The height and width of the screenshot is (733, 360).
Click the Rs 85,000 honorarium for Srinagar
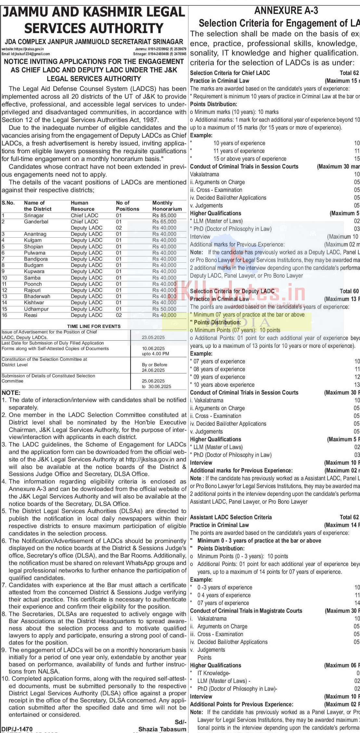pos(164,215)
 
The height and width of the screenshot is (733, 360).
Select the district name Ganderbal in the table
pos(36,221)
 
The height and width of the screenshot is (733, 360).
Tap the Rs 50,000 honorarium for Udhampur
pos(164,309)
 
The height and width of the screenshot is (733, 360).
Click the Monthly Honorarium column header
pos(167,206)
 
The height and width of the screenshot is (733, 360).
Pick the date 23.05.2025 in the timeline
pos(153,337)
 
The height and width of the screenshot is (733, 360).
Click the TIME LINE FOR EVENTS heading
pos(94,326)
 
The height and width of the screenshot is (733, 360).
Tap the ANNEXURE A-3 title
pos(286,11)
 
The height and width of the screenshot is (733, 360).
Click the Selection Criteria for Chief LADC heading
pos(230,73)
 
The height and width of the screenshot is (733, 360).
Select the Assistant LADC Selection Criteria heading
pos(231,517)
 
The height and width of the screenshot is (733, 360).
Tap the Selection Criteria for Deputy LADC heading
pos(232,291)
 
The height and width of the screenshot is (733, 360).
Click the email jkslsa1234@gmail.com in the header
pos(26,54)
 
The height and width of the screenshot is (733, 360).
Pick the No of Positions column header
pos(127,206)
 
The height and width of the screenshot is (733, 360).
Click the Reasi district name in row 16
pos(31,315)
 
